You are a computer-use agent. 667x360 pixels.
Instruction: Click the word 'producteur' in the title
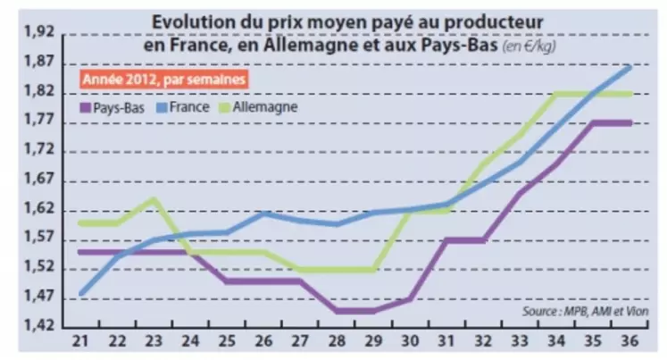[x=492, y=20]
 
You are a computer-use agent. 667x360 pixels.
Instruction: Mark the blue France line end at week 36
[x=631, y=66]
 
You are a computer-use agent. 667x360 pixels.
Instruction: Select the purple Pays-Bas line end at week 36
[x=631, y=122]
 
